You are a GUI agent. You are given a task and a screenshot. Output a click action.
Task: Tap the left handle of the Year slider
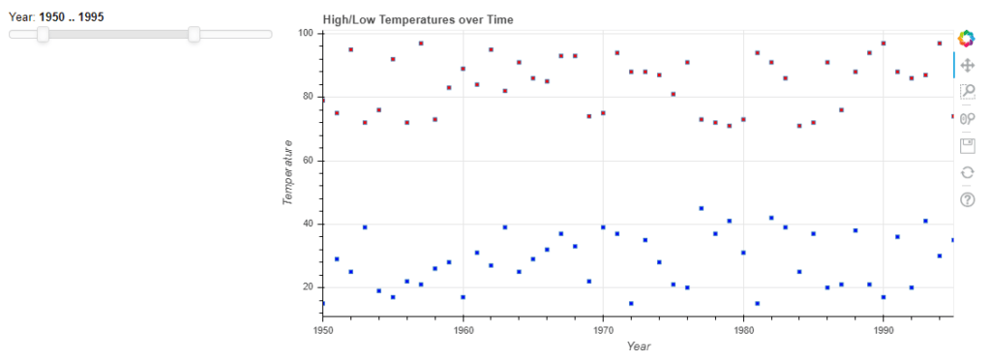tap(43, 34)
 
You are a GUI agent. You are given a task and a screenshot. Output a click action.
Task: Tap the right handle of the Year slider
tap(194, 34)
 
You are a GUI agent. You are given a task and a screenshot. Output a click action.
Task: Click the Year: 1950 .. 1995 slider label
tap(57, 16)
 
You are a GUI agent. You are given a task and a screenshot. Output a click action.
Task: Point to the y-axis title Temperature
tap(287, 172)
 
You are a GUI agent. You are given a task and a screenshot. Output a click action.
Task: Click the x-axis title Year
tap(638, 345)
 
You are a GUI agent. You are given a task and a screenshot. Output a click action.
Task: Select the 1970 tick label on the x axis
tap(603, 329)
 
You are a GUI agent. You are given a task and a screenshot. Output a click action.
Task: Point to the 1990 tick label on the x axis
tap(883, 329)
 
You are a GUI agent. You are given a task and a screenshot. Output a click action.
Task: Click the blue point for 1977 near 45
tap(701, 208)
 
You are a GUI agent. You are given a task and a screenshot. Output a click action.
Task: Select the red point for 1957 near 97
tap(421, 44)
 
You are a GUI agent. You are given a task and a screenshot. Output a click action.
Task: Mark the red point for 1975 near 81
tap(673, 94)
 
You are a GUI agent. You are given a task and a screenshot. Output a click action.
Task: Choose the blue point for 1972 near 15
tap(631, 304)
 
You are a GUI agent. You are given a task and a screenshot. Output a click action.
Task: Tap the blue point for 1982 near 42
tap(770, 218)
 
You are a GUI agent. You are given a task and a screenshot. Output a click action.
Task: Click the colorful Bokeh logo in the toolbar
tap(966, 39)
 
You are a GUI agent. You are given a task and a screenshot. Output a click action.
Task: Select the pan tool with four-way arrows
tap(966, 65)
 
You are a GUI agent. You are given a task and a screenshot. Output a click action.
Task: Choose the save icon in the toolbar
tap(966, 145)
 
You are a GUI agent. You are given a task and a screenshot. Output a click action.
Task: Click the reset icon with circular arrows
tap(966, 172)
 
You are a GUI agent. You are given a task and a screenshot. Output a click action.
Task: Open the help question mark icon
tap(966, 199)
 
